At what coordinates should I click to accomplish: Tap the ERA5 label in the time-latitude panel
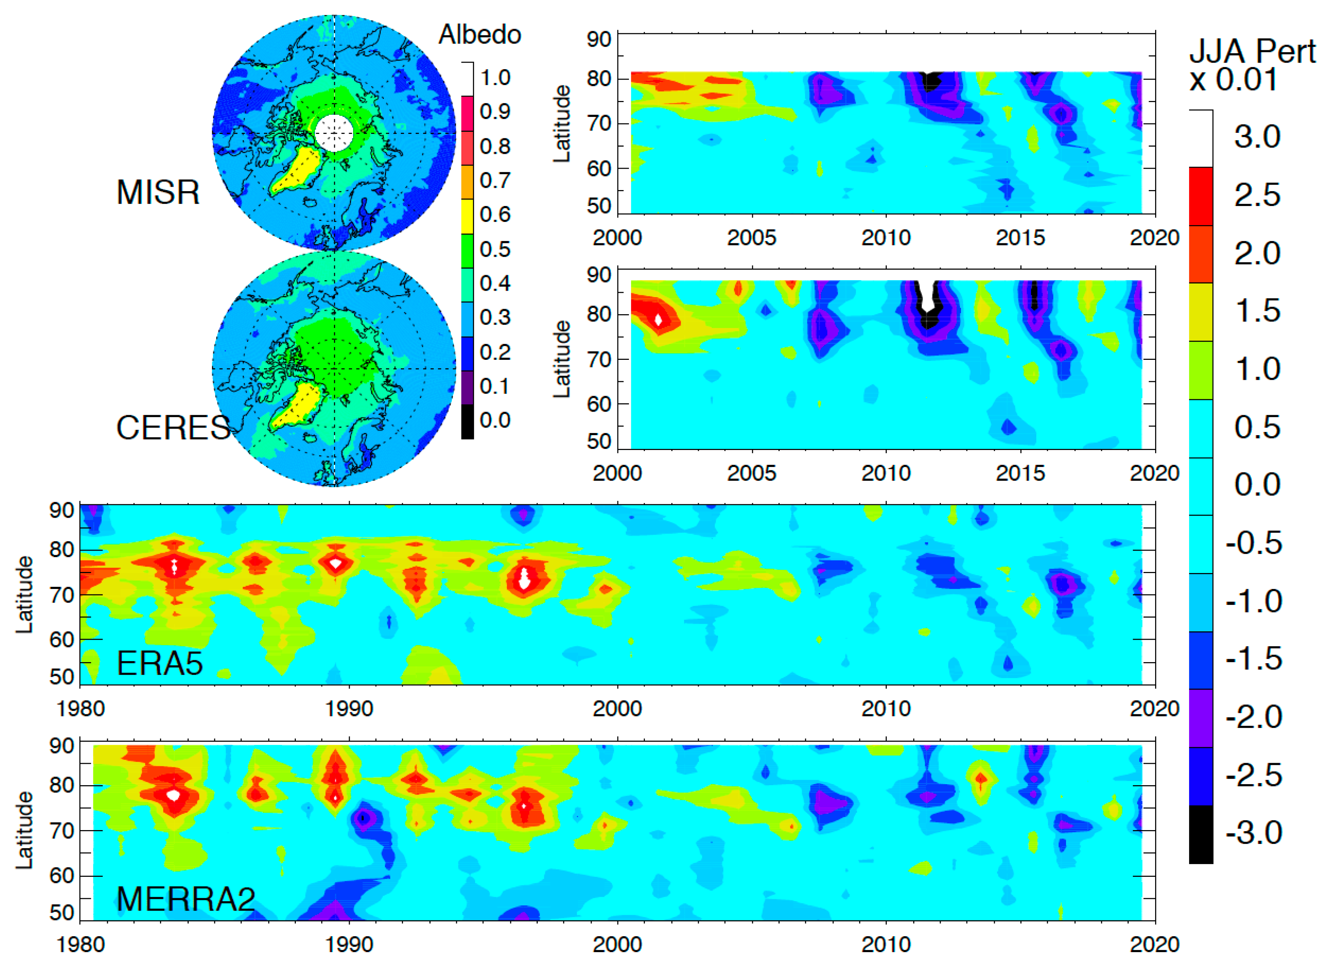click(159, 664)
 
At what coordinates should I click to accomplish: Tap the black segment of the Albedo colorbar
click(467, 422)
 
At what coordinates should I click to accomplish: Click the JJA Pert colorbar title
click(1252, 65)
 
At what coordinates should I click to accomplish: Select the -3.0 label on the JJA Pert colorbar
click(1254, 833)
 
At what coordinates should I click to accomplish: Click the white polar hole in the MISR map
click(334, 134)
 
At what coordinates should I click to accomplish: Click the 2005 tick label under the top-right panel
click(752, 238)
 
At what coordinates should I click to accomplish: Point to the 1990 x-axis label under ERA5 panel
click(349, 708)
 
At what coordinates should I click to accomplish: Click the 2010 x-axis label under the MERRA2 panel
click(886, 944)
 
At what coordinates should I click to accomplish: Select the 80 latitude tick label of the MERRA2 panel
click(61, 786)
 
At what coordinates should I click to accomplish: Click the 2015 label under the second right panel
click(1020, 474)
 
